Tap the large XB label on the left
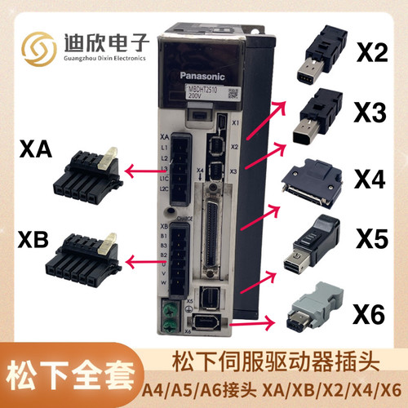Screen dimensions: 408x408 [x=35, y=241]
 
